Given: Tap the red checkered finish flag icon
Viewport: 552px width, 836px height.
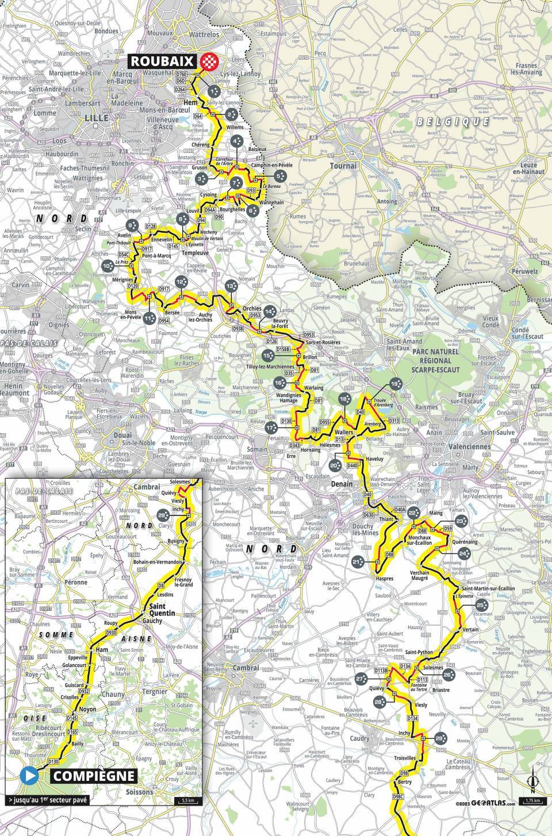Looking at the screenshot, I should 210,61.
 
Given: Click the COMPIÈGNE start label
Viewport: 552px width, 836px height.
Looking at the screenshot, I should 94,776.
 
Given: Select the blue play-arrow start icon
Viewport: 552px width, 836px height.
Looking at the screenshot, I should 29,776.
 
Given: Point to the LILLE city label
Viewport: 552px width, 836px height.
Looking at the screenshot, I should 80,117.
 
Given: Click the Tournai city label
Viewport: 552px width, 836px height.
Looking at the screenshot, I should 343,165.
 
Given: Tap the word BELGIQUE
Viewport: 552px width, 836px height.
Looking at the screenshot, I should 453,122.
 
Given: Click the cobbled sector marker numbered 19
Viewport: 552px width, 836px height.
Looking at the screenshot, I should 394,384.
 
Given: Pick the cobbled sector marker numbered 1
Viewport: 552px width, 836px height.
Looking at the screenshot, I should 214,91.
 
